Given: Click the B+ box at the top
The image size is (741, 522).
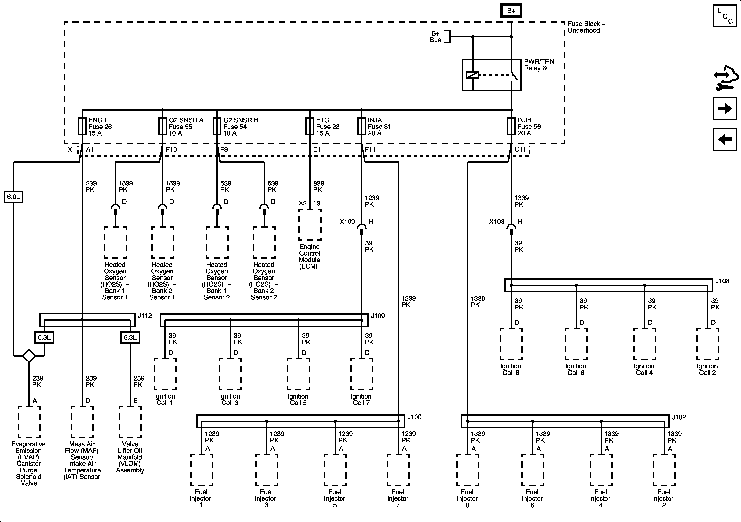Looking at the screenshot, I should [511, 11].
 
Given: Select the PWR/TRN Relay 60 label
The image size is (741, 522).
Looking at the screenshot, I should [539, 65].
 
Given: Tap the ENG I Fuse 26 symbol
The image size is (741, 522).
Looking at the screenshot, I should [82, 126].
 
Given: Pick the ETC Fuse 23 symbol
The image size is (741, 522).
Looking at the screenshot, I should [310, 126].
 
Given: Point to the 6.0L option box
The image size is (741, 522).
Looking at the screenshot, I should [14, 197].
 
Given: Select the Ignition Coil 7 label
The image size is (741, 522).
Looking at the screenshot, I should [361, 400].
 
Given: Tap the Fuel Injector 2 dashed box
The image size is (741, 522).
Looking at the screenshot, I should [664, 470].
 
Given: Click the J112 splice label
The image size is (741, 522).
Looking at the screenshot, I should [145, 316].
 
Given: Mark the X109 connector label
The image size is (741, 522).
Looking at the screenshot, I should [347, 222].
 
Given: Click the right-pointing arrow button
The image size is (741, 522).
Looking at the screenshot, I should [725, 109].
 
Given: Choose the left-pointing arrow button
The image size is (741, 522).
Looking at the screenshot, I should [725, 139].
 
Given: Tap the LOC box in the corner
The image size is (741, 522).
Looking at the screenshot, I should [725, 16].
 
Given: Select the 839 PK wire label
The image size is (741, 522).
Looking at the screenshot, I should [318, 187].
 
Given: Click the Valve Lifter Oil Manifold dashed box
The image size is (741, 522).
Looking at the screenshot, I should [130, 422].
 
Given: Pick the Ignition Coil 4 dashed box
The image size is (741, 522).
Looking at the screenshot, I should [644, 344].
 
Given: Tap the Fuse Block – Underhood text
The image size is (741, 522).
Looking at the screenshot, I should [586, 27].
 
